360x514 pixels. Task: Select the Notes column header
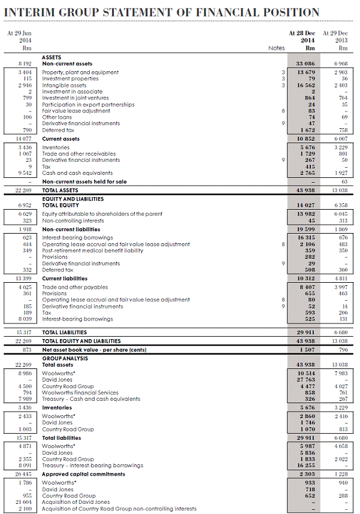click(276, 48)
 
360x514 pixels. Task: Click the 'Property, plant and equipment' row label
click(80, 72)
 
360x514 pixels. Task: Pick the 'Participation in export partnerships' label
click(88, 104)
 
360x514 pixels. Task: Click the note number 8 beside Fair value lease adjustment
click(282, 111)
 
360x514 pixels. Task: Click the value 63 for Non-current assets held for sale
click(344, 182)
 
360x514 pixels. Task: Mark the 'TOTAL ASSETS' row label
click(60, 191)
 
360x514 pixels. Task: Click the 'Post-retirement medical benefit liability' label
click(92, 250)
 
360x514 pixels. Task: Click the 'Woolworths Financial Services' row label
click(80, 392)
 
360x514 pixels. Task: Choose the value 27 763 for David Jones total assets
click(304, 380)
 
